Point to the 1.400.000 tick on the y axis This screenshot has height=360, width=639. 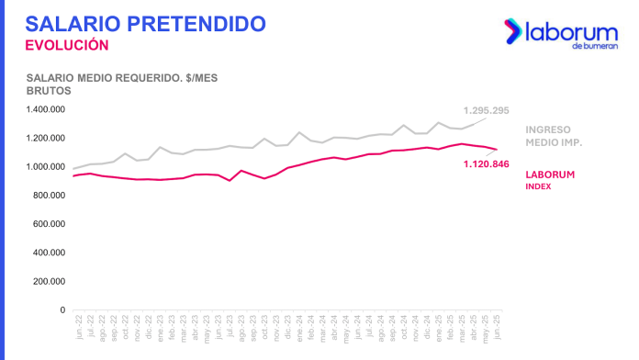point(44,109)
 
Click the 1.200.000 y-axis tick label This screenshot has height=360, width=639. point(44,138)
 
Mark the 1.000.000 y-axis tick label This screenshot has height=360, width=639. point(44,166)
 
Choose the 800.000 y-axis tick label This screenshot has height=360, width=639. point(48,196)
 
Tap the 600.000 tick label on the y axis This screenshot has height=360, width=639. point(48,224)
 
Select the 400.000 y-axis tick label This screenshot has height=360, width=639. point(48,253)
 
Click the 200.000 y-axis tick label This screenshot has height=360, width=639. point(48,281)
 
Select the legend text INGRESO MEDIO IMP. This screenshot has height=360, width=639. point(555,136)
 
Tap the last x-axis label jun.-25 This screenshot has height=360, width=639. point(497,327)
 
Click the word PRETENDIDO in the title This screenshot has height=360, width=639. point(194,22)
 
